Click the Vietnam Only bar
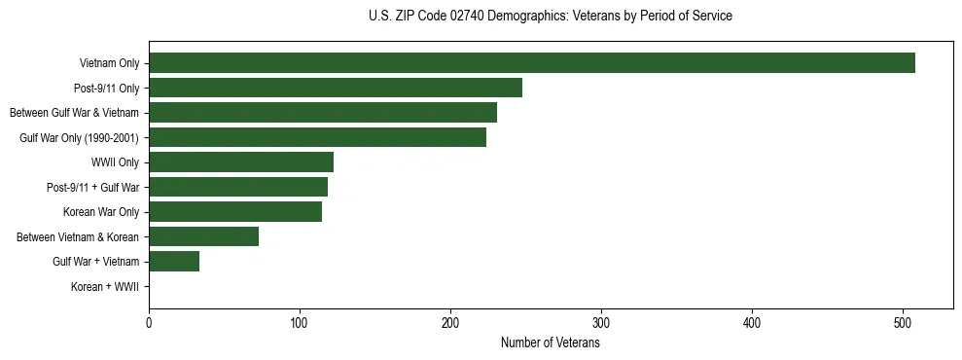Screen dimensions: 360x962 (531, 63)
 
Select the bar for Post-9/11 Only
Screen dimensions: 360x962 (336, 88)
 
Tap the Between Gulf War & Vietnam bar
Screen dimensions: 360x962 (323, 113)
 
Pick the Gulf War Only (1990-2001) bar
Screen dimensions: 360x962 (317, 137)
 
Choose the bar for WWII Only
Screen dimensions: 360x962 (241, 162)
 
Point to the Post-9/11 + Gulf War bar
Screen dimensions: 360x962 (238, 187)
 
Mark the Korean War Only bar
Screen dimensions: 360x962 (235, 212)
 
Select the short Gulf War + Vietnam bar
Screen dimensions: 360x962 (174, 261)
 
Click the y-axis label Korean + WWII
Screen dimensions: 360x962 (105, 287)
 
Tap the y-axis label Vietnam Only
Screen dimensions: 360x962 (109, 64)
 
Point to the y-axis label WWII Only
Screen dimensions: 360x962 (115, 162)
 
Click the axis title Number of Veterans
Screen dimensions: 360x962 (550, 343)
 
